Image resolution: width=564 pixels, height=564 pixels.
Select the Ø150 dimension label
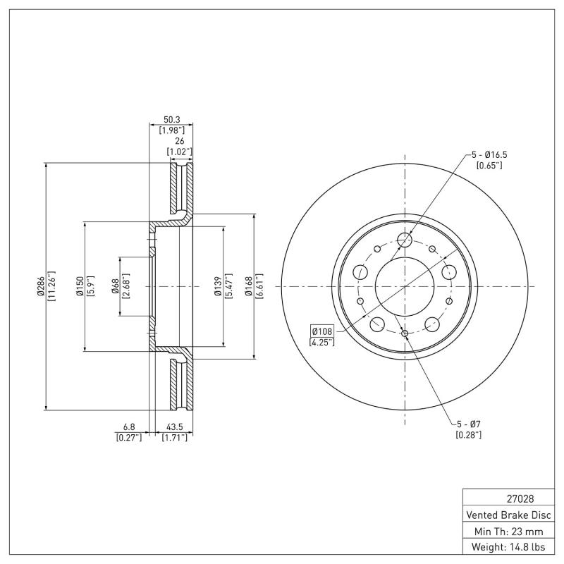(81, 286)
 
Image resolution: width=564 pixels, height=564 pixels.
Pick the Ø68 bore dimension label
(115, 286)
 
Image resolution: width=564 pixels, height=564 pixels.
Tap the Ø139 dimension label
(219, 286)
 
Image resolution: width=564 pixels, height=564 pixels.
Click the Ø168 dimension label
(249, 286)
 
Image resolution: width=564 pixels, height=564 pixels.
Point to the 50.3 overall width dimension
(171, 121)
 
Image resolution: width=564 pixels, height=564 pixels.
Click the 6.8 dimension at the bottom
(128, 427)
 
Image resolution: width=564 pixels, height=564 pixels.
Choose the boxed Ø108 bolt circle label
(321, 331)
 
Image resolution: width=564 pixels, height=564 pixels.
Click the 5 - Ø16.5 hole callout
(487, 155)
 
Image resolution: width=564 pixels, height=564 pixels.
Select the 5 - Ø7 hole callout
(468, 424)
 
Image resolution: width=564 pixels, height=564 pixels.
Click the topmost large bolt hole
(404, 240)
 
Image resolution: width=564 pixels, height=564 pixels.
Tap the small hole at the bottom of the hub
(405, 333)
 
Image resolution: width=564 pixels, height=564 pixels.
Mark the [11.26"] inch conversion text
(51, 286)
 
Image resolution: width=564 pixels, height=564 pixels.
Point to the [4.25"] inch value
(321, 342)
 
